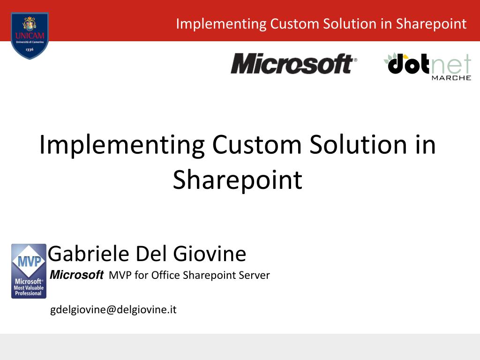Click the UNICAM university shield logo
tap(30, 36)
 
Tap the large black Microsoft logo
tap(294, 64)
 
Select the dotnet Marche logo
tap(427, 67)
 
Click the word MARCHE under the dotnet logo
tap(451, 78)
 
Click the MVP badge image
tap(29, 271)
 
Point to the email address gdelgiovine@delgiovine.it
tap(113, 310)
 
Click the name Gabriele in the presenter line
tap(89, 254)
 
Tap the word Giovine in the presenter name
tap(210, 254)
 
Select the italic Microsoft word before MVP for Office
tap(76, 275)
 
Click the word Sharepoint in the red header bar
tap(431, 24)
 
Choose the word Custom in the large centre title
tap(257, 145)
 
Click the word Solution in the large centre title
tap(358, 145)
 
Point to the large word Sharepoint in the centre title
tap(238, 180)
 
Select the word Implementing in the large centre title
tap(122, 145)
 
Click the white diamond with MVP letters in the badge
tap(29, 261)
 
